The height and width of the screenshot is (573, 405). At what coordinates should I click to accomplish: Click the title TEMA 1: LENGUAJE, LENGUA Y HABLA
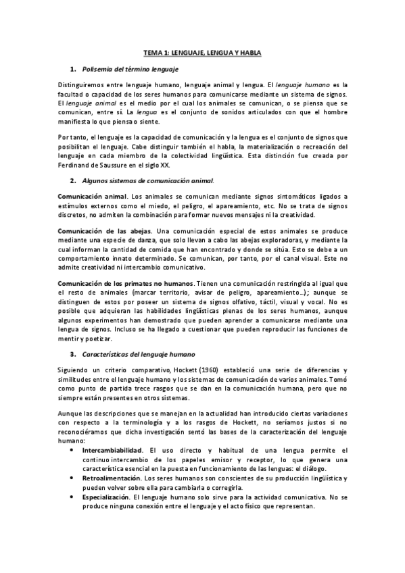tap(202, 52)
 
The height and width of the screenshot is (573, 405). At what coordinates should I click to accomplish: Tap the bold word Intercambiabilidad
tap(112, 449)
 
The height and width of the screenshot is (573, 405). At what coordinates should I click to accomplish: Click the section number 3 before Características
tap(72, 354)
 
